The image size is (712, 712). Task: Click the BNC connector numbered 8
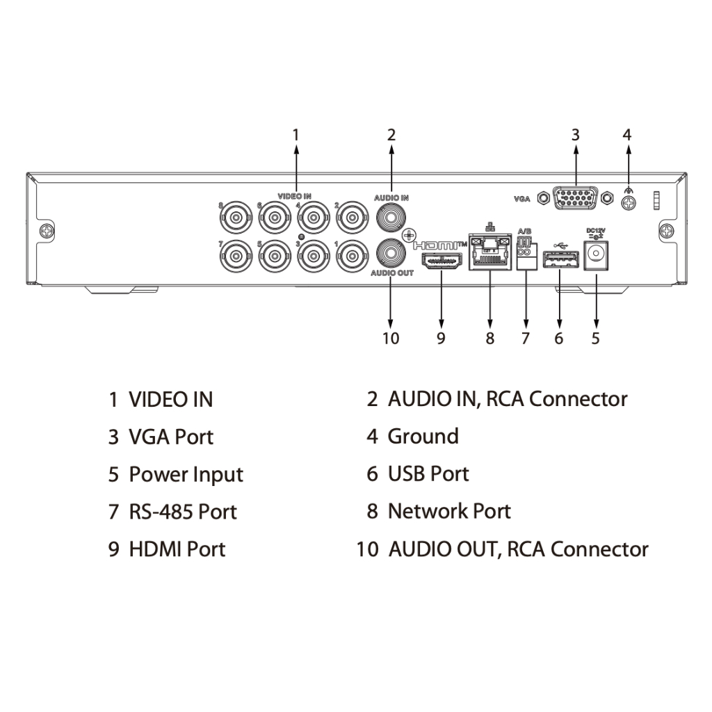pyautogui.click(x=236, y=218)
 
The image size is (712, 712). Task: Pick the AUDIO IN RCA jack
pyautogui.click(x=391, y=217)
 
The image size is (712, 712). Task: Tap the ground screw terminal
pyautogui.click(x=628, y=202)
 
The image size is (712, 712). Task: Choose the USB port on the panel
pyautogui.click(x=560, y=260)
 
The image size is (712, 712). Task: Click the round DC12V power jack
pyautogui.click(x=596, y=254)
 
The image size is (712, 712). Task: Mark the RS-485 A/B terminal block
pyautogui.click(x=526, y=251)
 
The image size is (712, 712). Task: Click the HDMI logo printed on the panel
pyautogui.click(x=439, y=245)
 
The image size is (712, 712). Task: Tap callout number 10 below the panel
pyautogui.click(x=391, y=339)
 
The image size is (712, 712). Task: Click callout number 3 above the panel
pyautogui.click(x=576, y=134)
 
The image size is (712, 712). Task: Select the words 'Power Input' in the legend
pyautogui.click(x=186, y=475)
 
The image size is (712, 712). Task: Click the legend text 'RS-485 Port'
pyautogui.click(x=183, y=512)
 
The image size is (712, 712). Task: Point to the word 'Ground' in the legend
pyautogui.click(x=423, y=437)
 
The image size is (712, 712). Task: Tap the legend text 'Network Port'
pyautogui.click(x=449, y=512)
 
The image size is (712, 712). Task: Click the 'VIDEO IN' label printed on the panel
pyautogui.click(x=294, y=197)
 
